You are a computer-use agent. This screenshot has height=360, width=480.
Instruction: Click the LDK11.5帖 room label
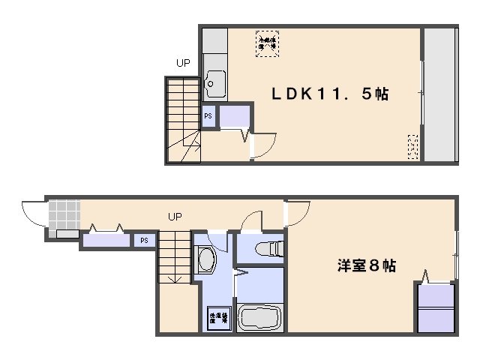coord(329,94)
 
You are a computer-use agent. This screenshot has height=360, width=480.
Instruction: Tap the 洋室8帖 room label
coord(366,265)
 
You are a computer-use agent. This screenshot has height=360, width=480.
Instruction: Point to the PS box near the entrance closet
coord(142,241)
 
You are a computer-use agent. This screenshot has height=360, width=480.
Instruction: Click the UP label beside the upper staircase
coord(183,64)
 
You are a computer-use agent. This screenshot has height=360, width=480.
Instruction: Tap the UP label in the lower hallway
coord(174,217)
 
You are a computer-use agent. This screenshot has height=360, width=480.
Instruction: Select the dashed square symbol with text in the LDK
coord(265,40)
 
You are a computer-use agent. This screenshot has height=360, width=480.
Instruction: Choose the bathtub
coord(259,316)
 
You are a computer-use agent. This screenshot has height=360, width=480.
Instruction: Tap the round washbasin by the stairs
coord(205,260)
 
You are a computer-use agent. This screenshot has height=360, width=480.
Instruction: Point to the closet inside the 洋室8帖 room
coord(435,307)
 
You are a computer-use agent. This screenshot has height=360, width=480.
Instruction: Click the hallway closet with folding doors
coord(104,241)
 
